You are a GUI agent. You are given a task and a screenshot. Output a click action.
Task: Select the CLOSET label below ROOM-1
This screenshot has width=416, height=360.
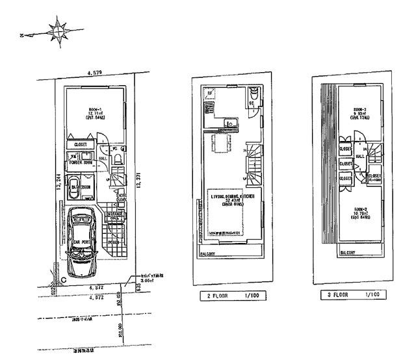[x=81, y=145]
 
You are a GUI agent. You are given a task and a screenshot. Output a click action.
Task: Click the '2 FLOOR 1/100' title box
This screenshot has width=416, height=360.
[x=234, y=295]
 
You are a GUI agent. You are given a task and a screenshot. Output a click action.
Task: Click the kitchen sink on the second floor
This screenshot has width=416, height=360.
[x=229, y=124]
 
